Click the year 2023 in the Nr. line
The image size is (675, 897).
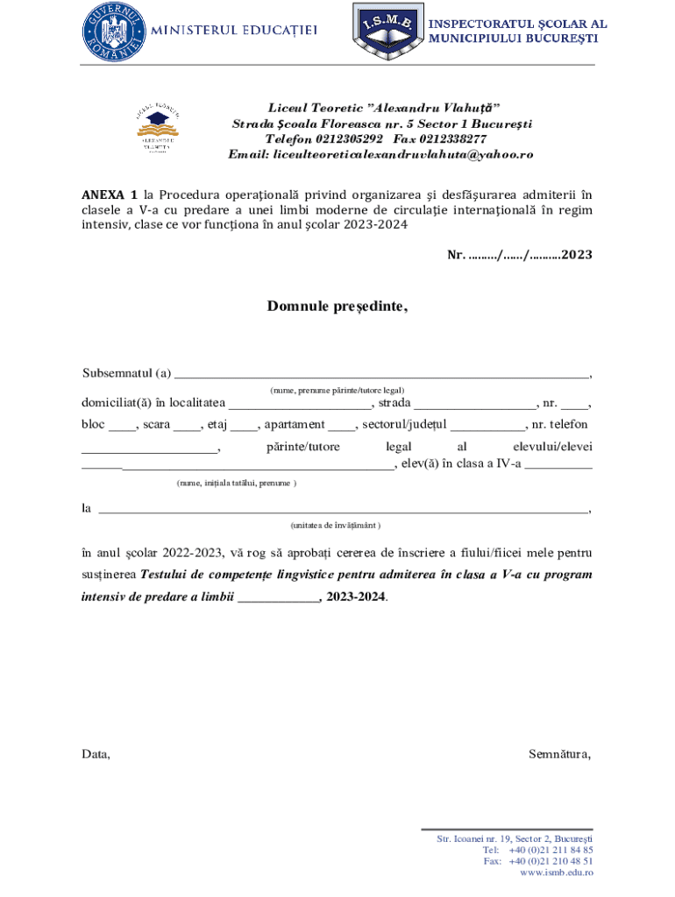[577, 255]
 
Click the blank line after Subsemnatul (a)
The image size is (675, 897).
[381, 375]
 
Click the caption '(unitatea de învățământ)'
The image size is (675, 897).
[336, 525]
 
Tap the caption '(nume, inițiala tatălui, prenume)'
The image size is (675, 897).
[236, 483]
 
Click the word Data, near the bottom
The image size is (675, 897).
[96, 753]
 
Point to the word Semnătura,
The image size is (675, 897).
[560, 753]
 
